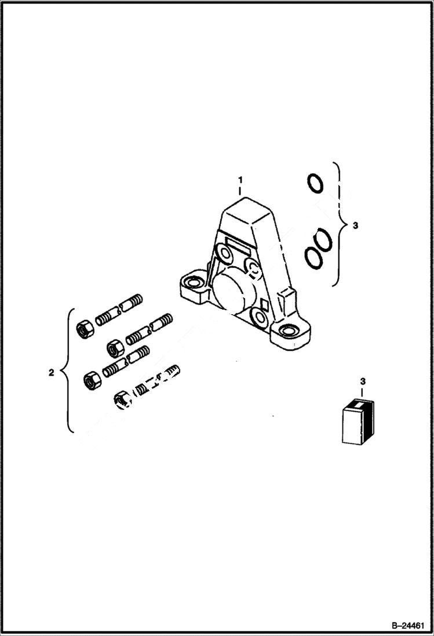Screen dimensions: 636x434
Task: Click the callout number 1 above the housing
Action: pyautogui.click(x=240, y=181)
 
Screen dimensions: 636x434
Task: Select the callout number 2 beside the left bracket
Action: pyautogui.click(x=52, y=373)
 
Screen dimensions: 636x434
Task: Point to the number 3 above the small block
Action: pyautogui.click(x=363, y=381)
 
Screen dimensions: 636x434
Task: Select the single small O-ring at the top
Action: pyautogui.click(x=315, y=183)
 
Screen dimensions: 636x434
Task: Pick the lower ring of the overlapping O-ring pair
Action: pyautogui.click(x=313, y=257)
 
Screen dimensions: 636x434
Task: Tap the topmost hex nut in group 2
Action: pyautogui.click(x=83, y=329)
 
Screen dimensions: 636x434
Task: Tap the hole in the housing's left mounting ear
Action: pyautogui.click(x=192, y=284)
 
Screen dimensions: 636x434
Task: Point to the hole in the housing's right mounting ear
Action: pyautogui.click(x=287, y=332)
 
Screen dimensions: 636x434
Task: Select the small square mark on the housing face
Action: pyautogui.click(x=264, y=303)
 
